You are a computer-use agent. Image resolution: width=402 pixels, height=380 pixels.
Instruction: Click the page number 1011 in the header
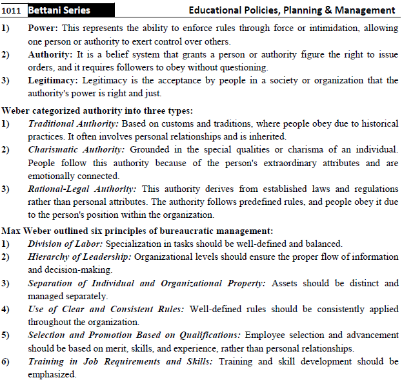point(12,10)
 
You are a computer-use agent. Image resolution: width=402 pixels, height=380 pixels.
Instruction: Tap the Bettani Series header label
point(59,10)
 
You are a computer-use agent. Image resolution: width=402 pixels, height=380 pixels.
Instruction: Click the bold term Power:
point(44,29)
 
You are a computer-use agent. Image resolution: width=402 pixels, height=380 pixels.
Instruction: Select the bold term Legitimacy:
point(54,80)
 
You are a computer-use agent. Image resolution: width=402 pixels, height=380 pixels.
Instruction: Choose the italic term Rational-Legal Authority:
point(82,189)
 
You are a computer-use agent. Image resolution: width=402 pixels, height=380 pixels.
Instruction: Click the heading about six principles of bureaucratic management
point(137,230)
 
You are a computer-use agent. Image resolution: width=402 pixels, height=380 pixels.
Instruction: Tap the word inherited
point(267,136)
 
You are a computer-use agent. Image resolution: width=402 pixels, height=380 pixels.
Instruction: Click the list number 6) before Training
point(6,362)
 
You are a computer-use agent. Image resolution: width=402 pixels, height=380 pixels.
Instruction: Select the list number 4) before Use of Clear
point(6,309)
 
